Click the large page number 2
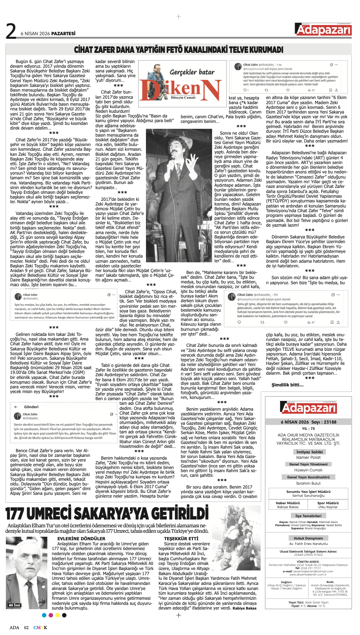coord(11,31)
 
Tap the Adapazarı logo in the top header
coord(323,29)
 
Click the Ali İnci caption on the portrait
coord(14,605)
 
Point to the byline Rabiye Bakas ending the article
coord(245,608)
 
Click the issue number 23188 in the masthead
coord(329,422)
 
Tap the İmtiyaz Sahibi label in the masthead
coord(309,452)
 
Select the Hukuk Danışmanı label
coord(308,538)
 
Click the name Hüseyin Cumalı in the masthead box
coord(308,470)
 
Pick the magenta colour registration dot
coord(50,615)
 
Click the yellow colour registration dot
coord(58,615)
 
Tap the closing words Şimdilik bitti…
coord(288,384)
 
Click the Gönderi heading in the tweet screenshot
coord(31,407)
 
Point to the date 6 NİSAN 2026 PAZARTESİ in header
coord(48,33)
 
